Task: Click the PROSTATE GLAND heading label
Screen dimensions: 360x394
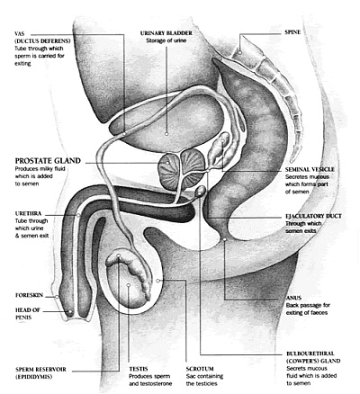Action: point(48,161)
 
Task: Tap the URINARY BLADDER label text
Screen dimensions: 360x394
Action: point(166,33)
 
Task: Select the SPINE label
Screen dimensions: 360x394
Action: point(292,32)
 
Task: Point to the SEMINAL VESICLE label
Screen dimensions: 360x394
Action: point(310,169)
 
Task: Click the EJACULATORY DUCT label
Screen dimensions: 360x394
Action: point(313,216)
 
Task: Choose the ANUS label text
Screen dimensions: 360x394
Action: point(293,298)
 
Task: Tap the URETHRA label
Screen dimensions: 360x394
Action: point(28,213)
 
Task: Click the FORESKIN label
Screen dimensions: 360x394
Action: point(29,295)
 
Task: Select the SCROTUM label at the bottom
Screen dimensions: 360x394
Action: point(200,369)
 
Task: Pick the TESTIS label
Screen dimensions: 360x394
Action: point(139,369)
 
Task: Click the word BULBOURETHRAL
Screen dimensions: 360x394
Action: point(310,354)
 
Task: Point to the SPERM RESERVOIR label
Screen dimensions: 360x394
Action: point(40,369)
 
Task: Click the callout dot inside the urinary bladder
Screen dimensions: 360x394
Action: point(166,134)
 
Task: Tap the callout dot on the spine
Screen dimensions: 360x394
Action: point(240,52)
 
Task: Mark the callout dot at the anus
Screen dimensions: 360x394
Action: point(225,239)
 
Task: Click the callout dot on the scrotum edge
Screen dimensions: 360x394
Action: point(157,281)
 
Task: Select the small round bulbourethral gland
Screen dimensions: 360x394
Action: point(201,191)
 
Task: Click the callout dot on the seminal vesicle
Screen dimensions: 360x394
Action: point(222,140)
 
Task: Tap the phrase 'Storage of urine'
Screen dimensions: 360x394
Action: point(166,40)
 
